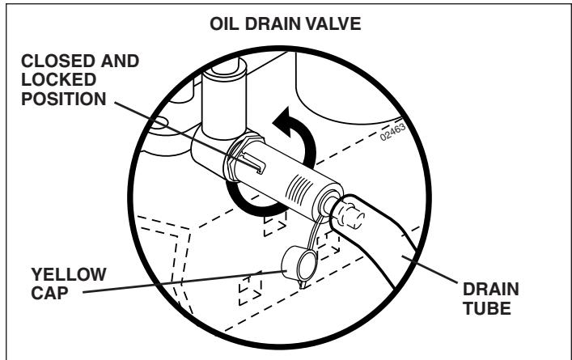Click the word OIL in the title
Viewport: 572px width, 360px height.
(x=221, y=24)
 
